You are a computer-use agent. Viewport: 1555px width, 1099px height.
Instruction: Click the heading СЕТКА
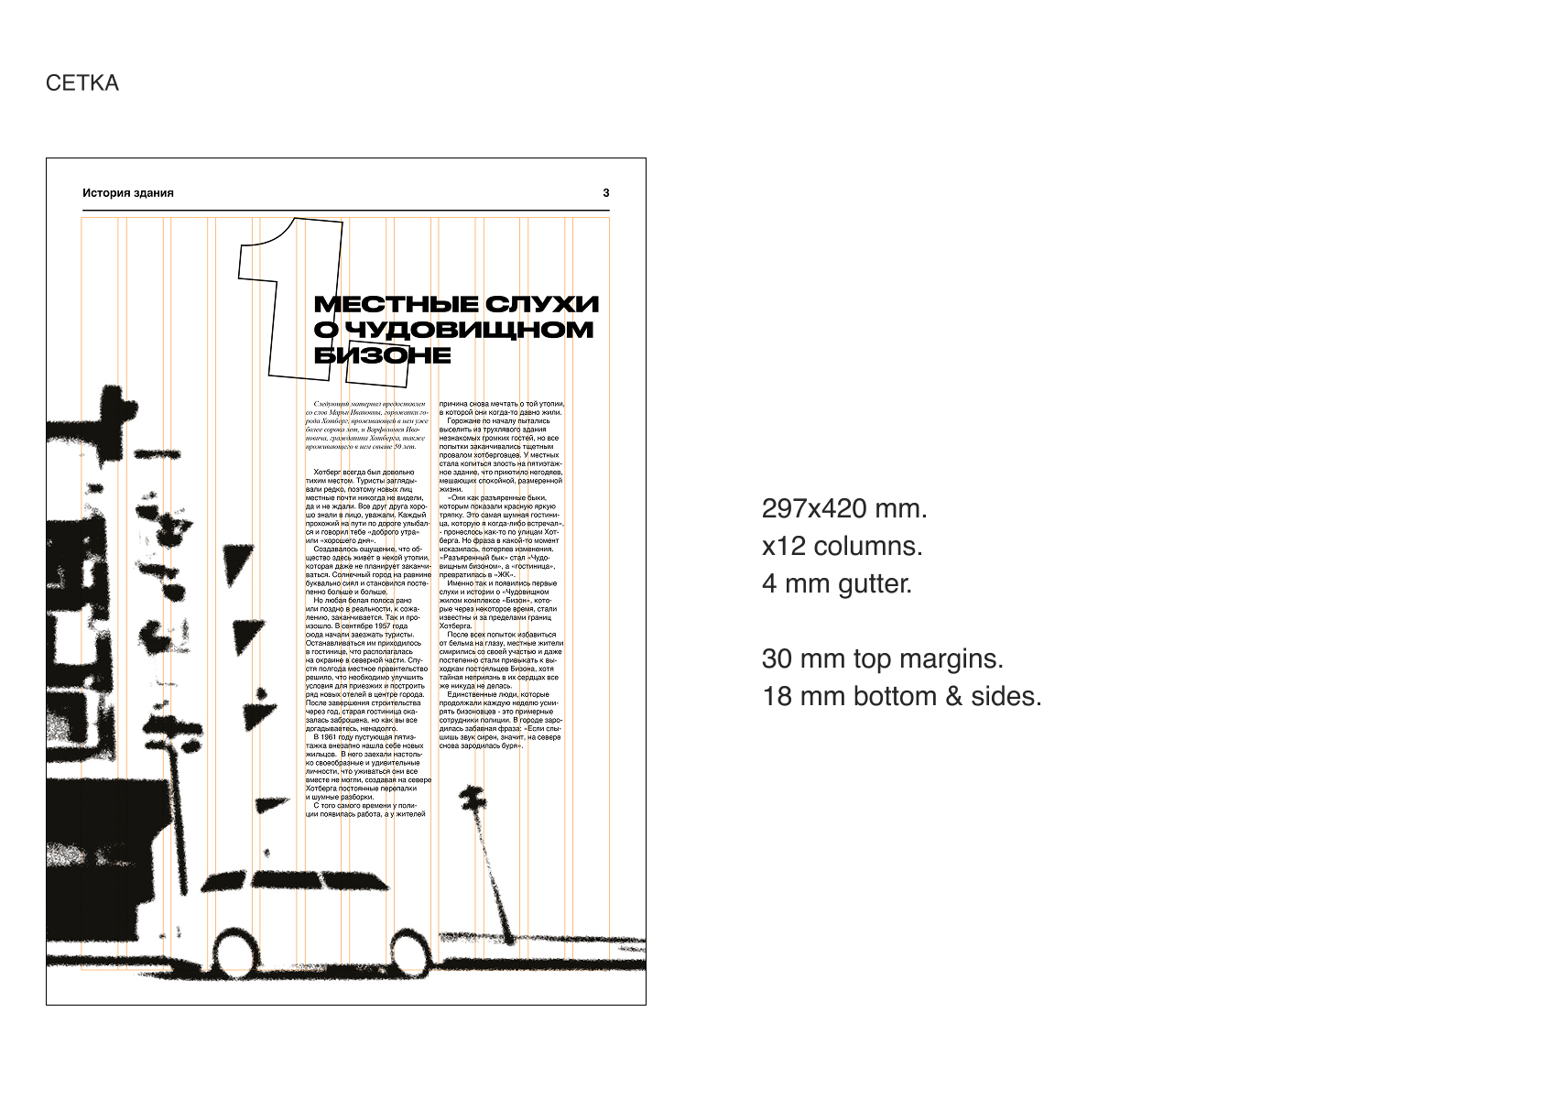point(82,83)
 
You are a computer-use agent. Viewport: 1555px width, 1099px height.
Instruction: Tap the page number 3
point(606,193)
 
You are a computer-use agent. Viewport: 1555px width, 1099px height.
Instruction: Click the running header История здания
point(128,193)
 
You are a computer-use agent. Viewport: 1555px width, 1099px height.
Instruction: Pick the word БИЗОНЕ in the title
point(383,355)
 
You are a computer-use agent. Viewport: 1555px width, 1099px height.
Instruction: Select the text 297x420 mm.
point(844,508)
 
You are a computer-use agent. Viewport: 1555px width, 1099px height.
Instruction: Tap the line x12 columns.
point(842,546)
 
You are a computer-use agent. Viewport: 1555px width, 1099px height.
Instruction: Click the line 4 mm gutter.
point(837,583)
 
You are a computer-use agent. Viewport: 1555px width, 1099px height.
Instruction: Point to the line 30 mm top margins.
point(883,658)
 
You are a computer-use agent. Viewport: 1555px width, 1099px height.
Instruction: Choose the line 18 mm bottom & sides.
point(902,696)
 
